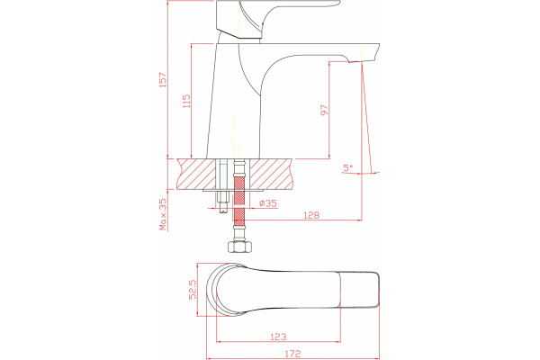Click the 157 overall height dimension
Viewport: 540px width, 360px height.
[163, 79]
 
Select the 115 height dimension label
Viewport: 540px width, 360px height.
[186, 101]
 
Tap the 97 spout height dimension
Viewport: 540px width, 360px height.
[324, 110]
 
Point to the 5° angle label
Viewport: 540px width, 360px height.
[347, 167]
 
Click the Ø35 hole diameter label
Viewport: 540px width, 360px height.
[267, 203]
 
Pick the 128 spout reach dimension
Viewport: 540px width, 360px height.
[311, 215]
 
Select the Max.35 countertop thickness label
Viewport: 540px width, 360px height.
[163, 214]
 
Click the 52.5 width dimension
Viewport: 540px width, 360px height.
[193, 289]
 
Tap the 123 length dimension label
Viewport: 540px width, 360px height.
[278, 337]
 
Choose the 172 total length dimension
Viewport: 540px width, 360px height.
[292, 354]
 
